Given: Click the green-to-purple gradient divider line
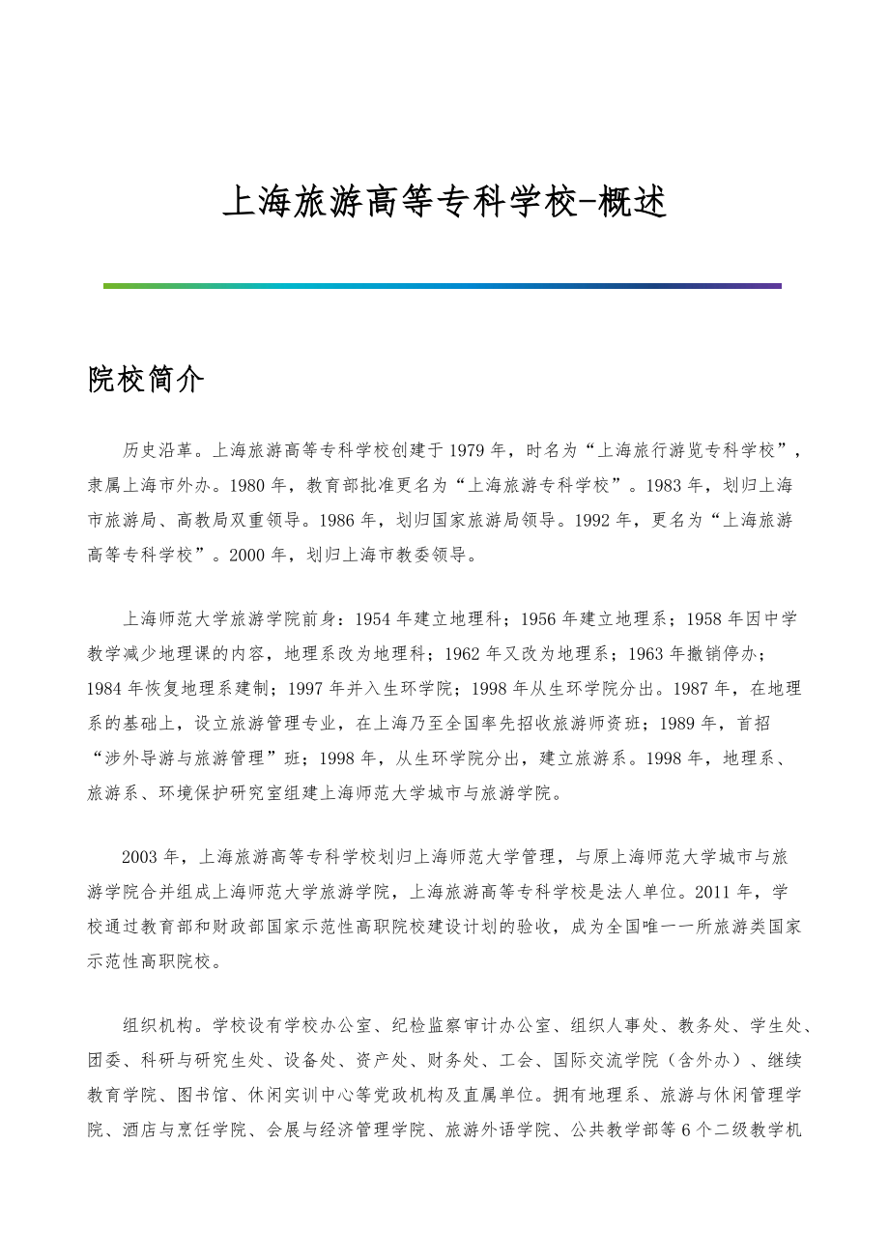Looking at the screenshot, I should point(442,286).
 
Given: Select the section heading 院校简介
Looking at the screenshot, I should point(146,381).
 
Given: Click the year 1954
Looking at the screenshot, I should point(376,618).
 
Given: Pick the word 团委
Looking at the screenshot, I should point(104,1060).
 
